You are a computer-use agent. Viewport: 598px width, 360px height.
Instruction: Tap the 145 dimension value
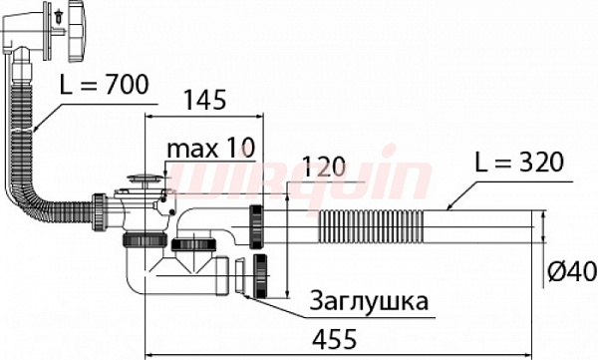pyautogui.click(x=203, y=101)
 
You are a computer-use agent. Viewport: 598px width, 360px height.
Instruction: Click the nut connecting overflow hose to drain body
pyautogui.click(x=101, y=210)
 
